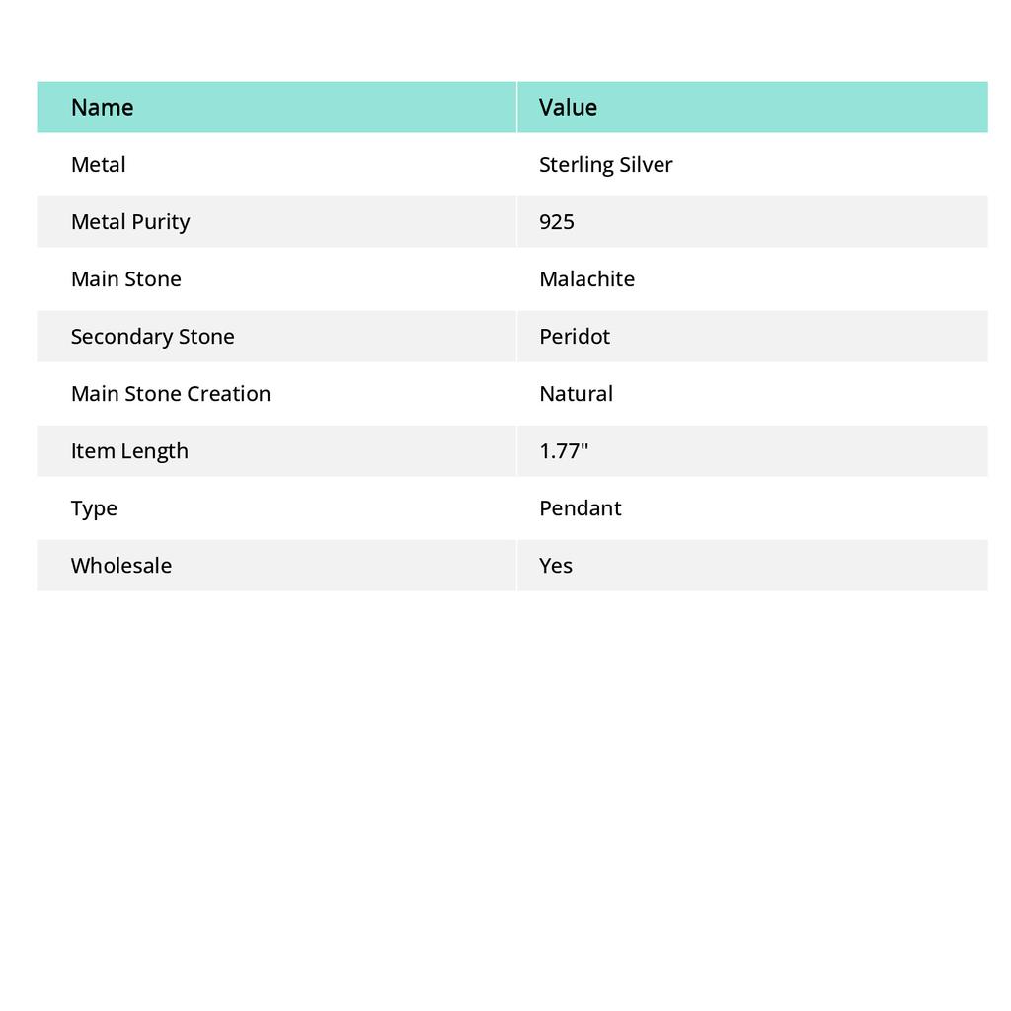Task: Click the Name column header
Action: (x=103, y=107)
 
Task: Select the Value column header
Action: (x=568, y=107)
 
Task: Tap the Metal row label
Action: (x=99, y=164)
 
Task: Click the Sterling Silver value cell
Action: (x=605, y=164)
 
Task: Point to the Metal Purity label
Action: (x=130, y=221)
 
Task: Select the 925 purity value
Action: (x=557, y=221)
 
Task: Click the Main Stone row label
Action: (x=126, y=278)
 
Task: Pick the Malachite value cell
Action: (x=586, y=278)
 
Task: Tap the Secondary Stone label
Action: (x=152, y=336)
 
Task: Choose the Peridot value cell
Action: (x=575, y=336)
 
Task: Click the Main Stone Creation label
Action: (x=171, y=393)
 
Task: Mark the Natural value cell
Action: (x=576, y=393)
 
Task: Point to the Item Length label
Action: (x=129, y=450)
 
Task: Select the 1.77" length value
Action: (x=564, y=450)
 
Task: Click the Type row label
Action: (x=94, y=507)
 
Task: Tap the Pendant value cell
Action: (x=581, y=507)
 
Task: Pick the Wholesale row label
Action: (x=121, y=565)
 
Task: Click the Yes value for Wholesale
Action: (x=556, y=565)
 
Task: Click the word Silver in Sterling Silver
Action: (x=646, y=164)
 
